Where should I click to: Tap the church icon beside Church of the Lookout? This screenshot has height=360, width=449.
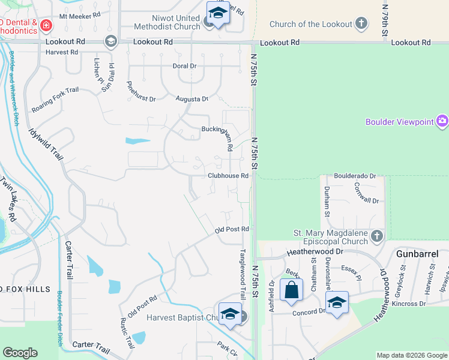point(361,24)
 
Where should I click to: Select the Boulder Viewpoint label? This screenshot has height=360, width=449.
point(399,122)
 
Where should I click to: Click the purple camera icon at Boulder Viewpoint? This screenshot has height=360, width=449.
point(443,122)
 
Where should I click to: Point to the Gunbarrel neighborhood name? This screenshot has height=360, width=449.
point(417,254)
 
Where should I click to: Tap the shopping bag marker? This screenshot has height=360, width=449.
point(291,290)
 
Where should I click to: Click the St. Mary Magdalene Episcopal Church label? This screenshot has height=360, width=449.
point(331,237)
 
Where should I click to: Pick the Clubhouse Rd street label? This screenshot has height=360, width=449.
point(228,176)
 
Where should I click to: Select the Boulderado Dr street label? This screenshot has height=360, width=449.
point(355,176)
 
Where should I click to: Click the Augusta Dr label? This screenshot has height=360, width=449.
point(192,98)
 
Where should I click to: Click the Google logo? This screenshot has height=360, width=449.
point(20,353)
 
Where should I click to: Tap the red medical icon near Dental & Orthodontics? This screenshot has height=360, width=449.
point(46,25)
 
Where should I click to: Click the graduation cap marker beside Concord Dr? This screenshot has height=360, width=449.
point(337,303)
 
